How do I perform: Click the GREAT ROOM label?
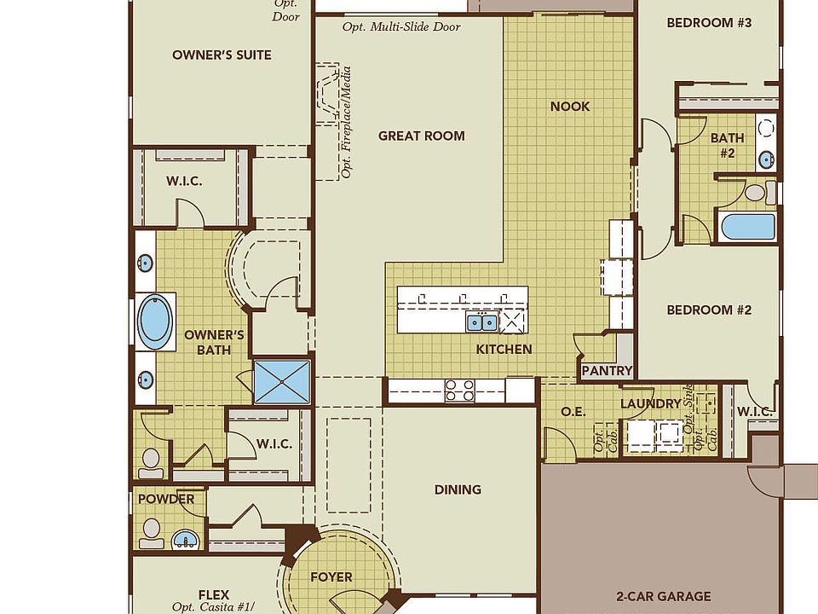pos(422,136)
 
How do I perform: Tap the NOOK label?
pos(570,107)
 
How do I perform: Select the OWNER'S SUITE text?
pos(222,55)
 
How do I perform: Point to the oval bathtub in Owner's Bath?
pos(155,321)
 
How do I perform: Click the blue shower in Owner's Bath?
pos(282,382)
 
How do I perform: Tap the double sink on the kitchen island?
pos(482,322)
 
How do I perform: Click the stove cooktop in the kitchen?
pos(459,391)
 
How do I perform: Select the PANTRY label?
pos(607,371)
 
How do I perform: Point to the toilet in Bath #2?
pos(760,192)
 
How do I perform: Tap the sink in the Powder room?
pos(186,539)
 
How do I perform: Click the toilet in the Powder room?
pos(152,533)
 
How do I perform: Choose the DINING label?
pos(458,489)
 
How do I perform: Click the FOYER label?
pos(331,577)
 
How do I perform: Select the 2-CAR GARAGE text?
pos(664,596)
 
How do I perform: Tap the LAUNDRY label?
pos(650,403)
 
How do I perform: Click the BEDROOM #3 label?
pos(709,23)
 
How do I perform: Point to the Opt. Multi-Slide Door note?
pos(401,26)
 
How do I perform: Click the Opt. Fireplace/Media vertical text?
pos(345,122)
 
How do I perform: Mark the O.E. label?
pos(573,412)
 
